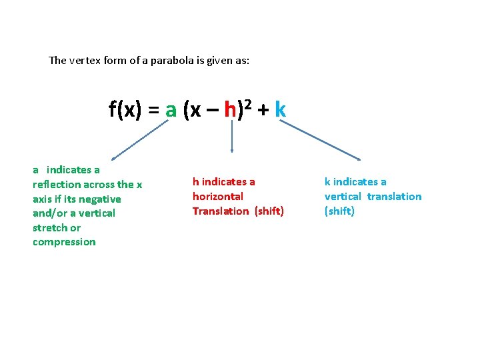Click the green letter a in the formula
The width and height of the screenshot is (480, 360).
click(171, 111)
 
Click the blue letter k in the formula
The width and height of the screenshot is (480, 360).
click(280, 110)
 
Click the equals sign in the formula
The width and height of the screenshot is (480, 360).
click(153, 111)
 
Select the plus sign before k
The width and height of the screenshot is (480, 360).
click(263, 111)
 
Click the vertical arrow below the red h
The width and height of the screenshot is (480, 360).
click(231, 140)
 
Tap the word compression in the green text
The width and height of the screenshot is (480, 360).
click(64, 242)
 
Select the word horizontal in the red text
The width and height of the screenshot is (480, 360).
click(218, 197)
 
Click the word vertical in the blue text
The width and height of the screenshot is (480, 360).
click(343, 197)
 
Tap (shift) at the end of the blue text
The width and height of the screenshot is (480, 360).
click(339, 211)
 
